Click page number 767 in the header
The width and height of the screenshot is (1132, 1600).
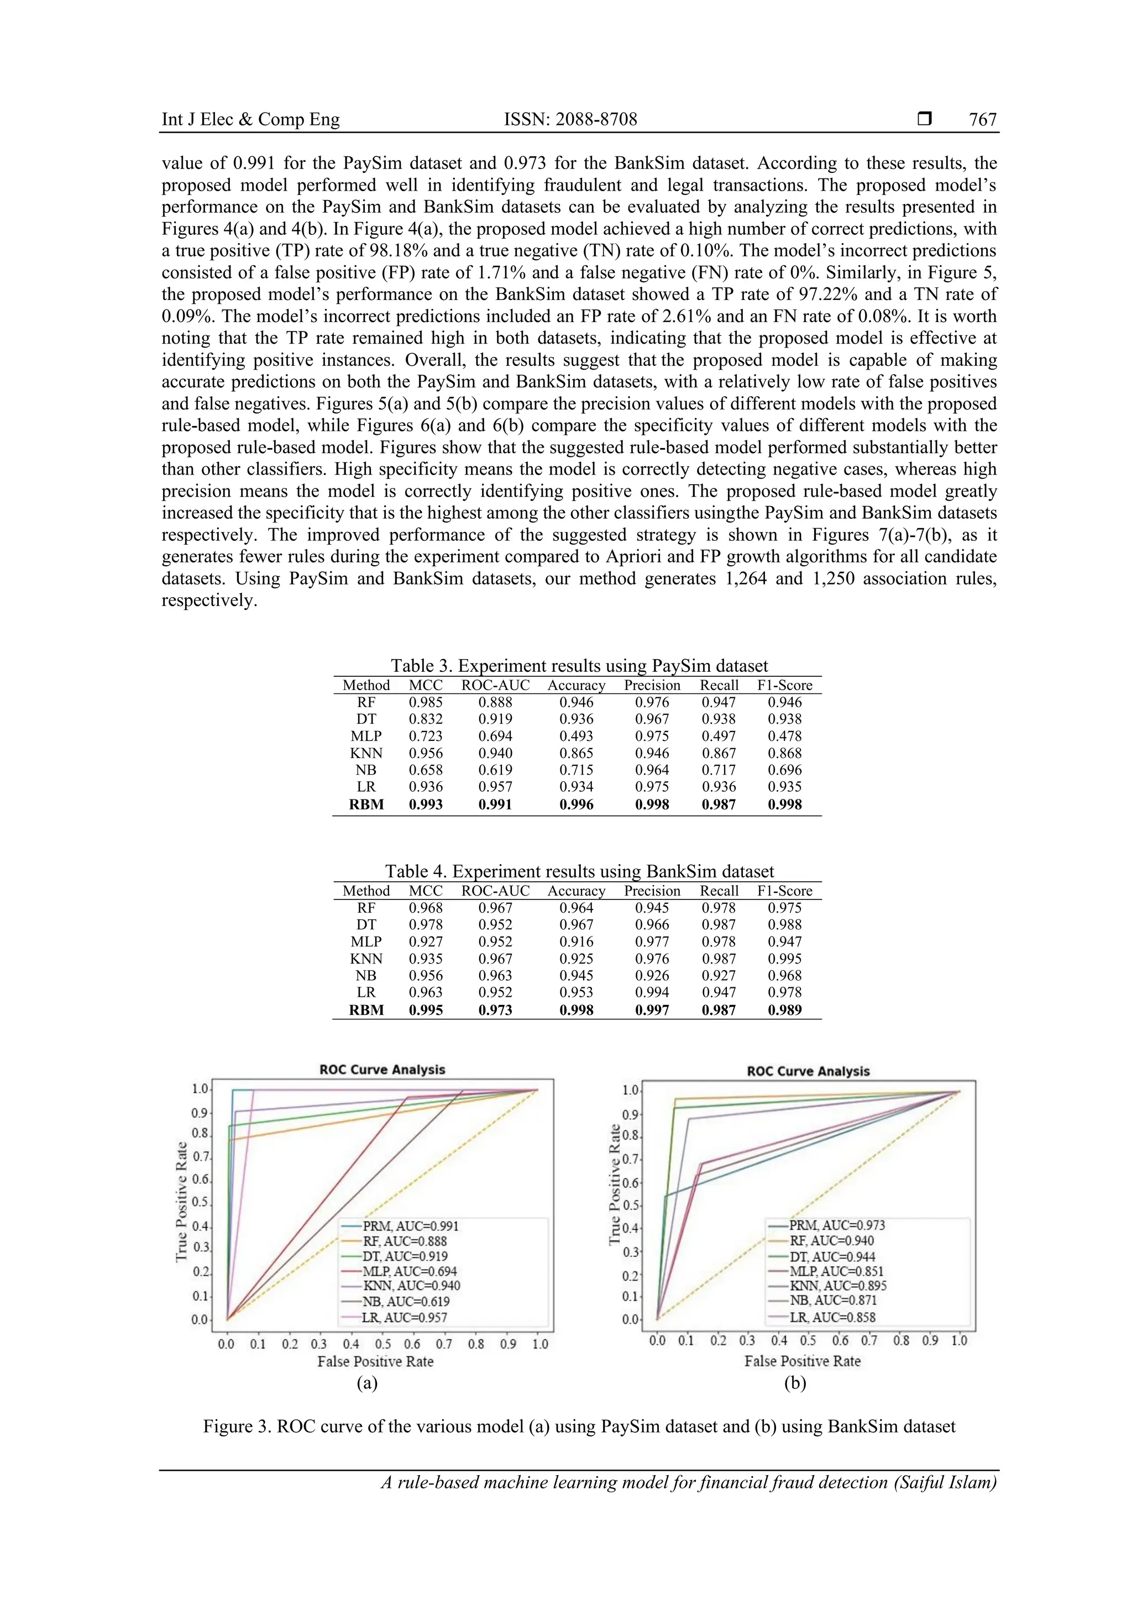(x=983, y=120)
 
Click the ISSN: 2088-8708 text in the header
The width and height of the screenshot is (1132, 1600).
(x=570, y=120)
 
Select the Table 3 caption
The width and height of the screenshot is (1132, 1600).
(x=579, y=666)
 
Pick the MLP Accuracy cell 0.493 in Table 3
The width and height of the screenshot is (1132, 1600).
(x=577, y=736)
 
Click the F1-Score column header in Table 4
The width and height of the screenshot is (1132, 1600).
(x=784, y=891)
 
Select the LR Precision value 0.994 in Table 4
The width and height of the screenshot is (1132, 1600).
(x=652, y=992)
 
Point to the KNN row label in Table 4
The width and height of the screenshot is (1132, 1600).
(x=366, y=959)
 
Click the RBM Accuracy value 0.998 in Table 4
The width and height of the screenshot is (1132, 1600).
(x=577, y=1010)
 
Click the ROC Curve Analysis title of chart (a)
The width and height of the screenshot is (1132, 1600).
(x=382, y=1070)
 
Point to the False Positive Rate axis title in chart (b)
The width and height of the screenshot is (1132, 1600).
(x=803, y=1361)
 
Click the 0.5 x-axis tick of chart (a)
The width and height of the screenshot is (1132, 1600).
(x=382, y=1344)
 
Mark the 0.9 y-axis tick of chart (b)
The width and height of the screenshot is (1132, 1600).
(x=630, y=1114)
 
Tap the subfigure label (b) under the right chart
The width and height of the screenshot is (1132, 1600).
(x=795, y=1384)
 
